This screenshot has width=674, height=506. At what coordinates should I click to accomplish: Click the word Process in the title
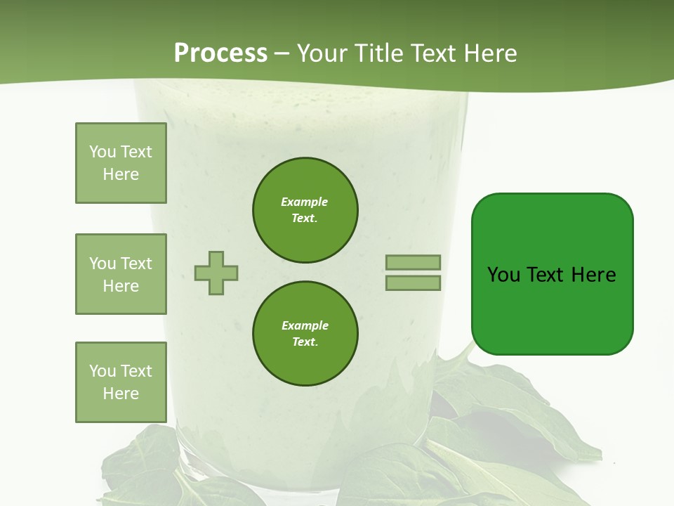coord(220,53)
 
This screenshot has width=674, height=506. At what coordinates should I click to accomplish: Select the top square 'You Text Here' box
coord(121,163)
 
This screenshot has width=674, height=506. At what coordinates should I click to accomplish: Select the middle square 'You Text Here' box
coord(121,274)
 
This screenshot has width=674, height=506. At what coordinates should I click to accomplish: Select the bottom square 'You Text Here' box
coord(121,382)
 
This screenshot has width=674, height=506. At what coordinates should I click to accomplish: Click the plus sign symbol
coord(216,273)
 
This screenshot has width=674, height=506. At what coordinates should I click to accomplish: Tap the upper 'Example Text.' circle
coord(305,210)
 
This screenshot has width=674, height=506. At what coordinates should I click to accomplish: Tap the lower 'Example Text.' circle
coord(305,334)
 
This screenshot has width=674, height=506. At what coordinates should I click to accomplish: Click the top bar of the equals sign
coord(413,263)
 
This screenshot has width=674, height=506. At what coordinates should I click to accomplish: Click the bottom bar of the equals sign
coord(413,283)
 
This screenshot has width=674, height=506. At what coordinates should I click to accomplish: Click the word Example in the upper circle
coord(304,202)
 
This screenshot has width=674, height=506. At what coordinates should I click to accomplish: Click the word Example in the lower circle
coord(305,325)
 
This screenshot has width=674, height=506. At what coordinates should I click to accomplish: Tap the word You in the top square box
coord(102,152)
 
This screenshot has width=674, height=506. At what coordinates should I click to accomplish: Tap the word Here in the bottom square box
coord(121,394)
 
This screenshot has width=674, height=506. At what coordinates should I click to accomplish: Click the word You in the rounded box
coord(503,275)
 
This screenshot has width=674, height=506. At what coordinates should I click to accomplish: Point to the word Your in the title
coord(324,53)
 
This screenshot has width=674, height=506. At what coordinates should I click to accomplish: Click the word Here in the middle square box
coord(121,286)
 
